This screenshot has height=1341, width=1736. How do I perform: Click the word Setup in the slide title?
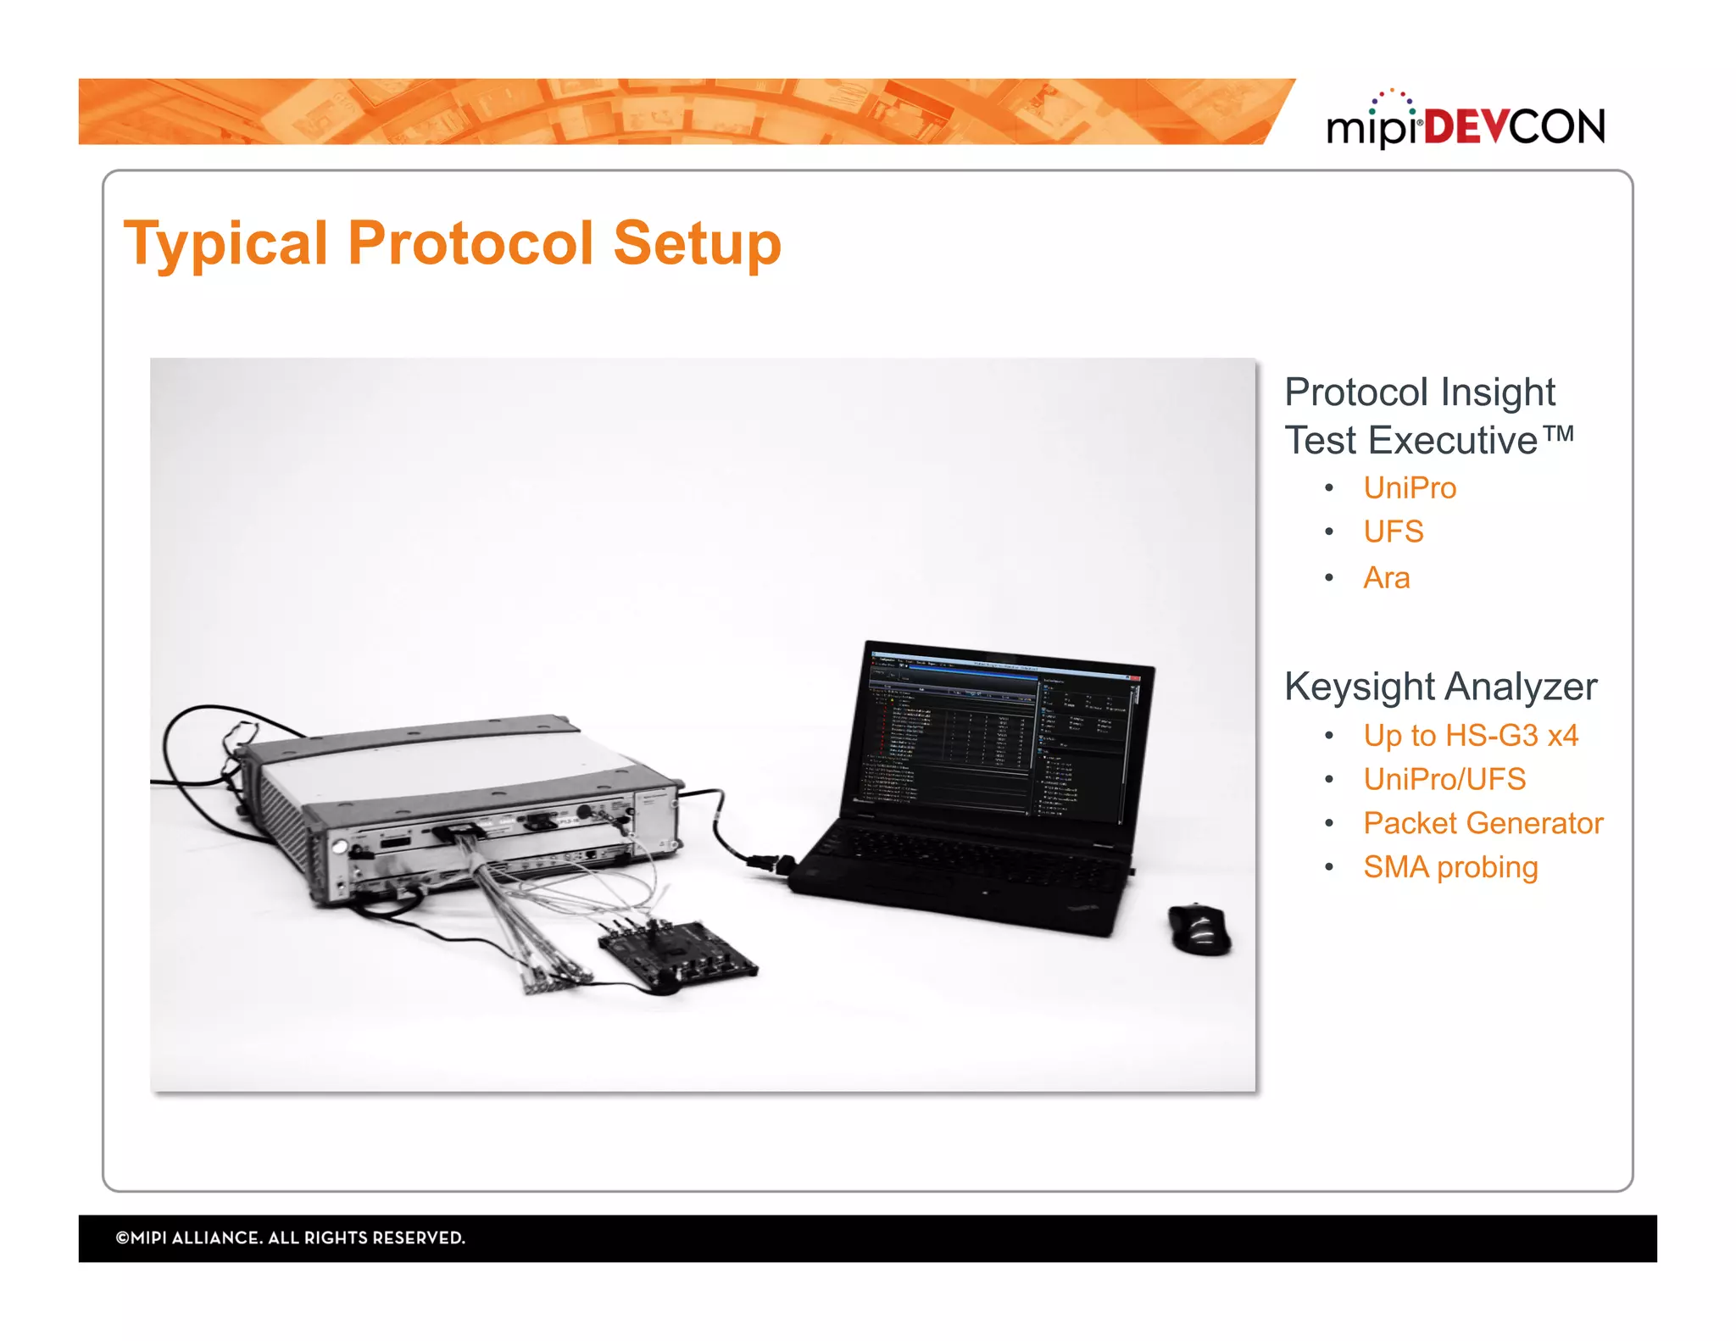pos(696,244)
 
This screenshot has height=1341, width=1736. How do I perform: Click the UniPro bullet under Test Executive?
pos(1409,488)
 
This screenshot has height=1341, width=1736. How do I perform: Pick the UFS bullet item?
pos(1393,532)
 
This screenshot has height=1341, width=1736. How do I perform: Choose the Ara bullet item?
pos(1386,578)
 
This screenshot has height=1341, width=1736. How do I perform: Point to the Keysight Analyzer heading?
pos(1440,687)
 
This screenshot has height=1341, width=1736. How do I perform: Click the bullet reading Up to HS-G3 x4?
pos(1470,736)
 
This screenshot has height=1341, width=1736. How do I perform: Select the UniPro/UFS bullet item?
pos(1444,780)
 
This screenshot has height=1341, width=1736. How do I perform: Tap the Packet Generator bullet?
pos(1483,824)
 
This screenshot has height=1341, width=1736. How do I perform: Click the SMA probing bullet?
pos(1449,868)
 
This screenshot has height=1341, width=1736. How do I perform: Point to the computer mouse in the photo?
pos(1199,929)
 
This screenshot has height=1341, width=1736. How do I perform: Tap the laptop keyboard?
pos(966,856)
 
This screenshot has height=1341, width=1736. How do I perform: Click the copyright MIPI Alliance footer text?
pos(290,1238)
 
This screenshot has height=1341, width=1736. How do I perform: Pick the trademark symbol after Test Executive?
pos(1558,434)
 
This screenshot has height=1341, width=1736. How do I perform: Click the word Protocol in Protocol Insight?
pos(1356,392)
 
